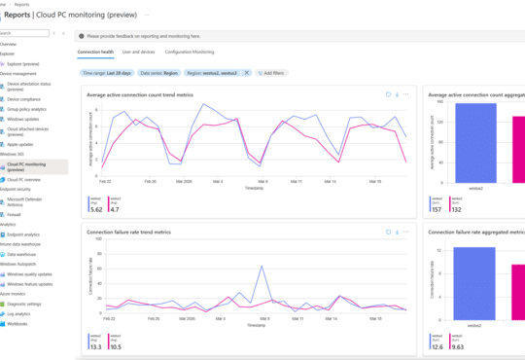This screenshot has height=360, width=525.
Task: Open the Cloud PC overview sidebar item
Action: (x=24, y=180)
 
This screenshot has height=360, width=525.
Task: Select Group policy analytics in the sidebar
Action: (x=28, y=111)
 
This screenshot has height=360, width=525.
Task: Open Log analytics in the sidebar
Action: (x=20, y=314)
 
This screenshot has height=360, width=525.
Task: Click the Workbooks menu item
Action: (x=18, y=323)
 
